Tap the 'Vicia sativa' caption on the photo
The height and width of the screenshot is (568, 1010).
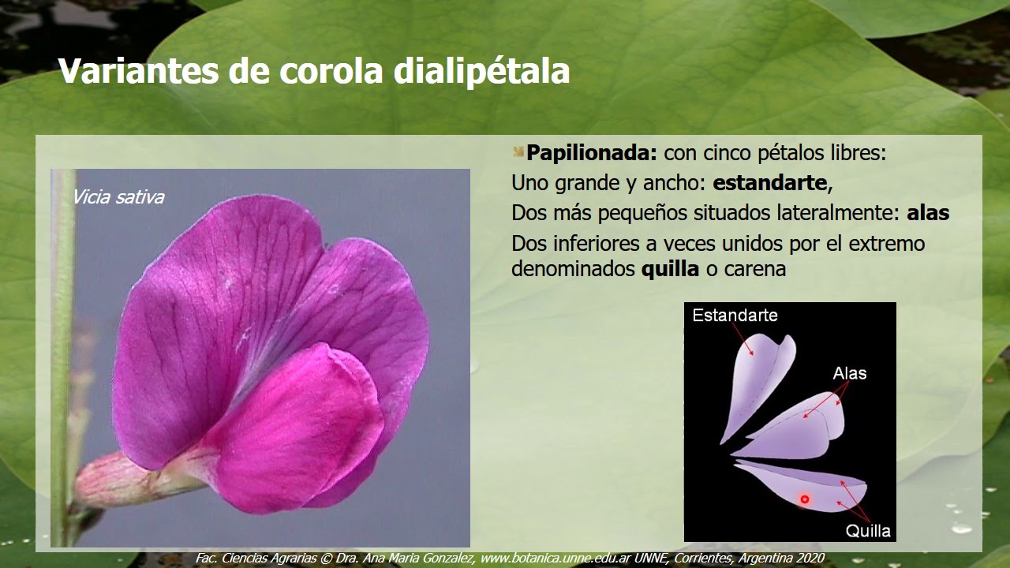coord(118,197)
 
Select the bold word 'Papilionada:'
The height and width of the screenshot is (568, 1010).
coord(592,153)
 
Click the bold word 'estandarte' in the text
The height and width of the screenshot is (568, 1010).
coord(769,184)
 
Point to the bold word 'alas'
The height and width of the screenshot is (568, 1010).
coord(928,213)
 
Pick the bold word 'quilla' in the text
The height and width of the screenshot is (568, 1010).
coord(670,269)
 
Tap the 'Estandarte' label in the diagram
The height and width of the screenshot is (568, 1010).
coord(735,316)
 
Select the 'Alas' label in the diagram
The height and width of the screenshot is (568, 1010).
coord(849,373)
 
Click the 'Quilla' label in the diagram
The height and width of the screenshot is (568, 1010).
coord(868,530)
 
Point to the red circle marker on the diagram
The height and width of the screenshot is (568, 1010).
coord(805,499)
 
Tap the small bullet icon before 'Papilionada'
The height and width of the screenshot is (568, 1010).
coord(518,151)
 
